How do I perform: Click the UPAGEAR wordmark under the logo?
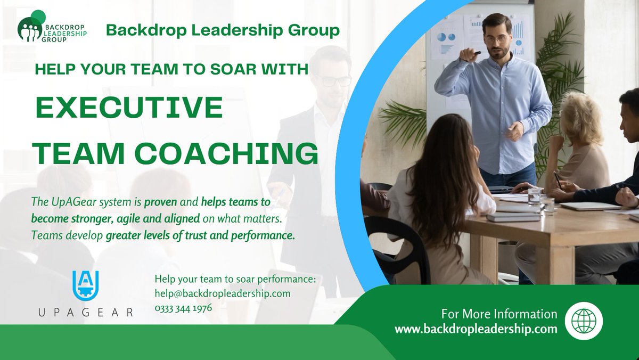tap(86, 313)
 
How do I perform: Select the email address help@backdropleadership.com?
tap(223, 293)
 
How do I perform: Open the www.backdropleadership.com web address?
tap(476, 329)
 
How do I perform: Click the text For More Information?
tap(499, 314)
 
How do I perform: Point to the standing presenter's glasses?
tap(497, 39)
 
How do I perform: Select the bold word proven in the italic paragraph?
tap(159, 203)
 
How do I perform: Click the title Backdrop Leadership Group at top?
tap(223, 30)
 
